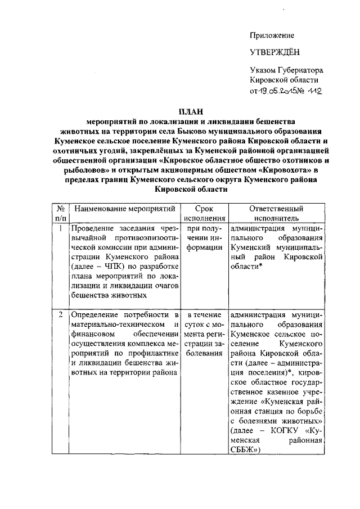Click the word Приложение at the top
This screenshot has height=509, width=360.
coord(272,35)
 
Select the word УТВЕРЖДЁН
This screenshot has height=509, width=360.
coord(275,53)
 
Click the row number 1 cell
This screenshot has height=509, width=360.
coord(60,228)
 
